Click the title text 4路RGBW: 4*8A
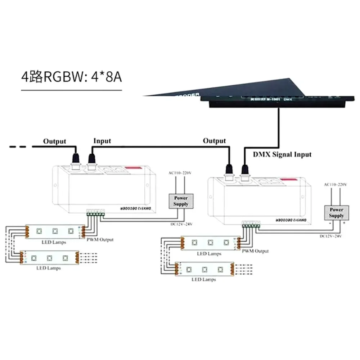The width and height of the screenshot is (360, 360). (71, 77)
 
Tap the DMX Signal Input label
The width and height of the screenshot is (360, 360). (282, 154)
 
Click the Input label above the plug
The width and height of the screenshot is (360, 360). (102, 141)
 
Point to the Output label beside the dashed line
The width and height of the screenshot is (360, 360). (55, 141)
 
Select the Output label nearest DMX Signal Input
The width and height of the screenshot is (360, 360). (215, 140)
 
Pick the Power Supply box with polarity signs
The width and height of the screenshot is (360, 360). (336, 212)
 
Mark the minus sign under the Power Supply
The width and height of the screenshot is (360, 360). (329, 223)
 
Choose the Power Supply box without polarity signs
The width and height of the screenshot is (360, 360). (181, 201)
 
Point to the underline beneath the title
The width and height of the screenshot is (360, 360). (71, 90)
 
